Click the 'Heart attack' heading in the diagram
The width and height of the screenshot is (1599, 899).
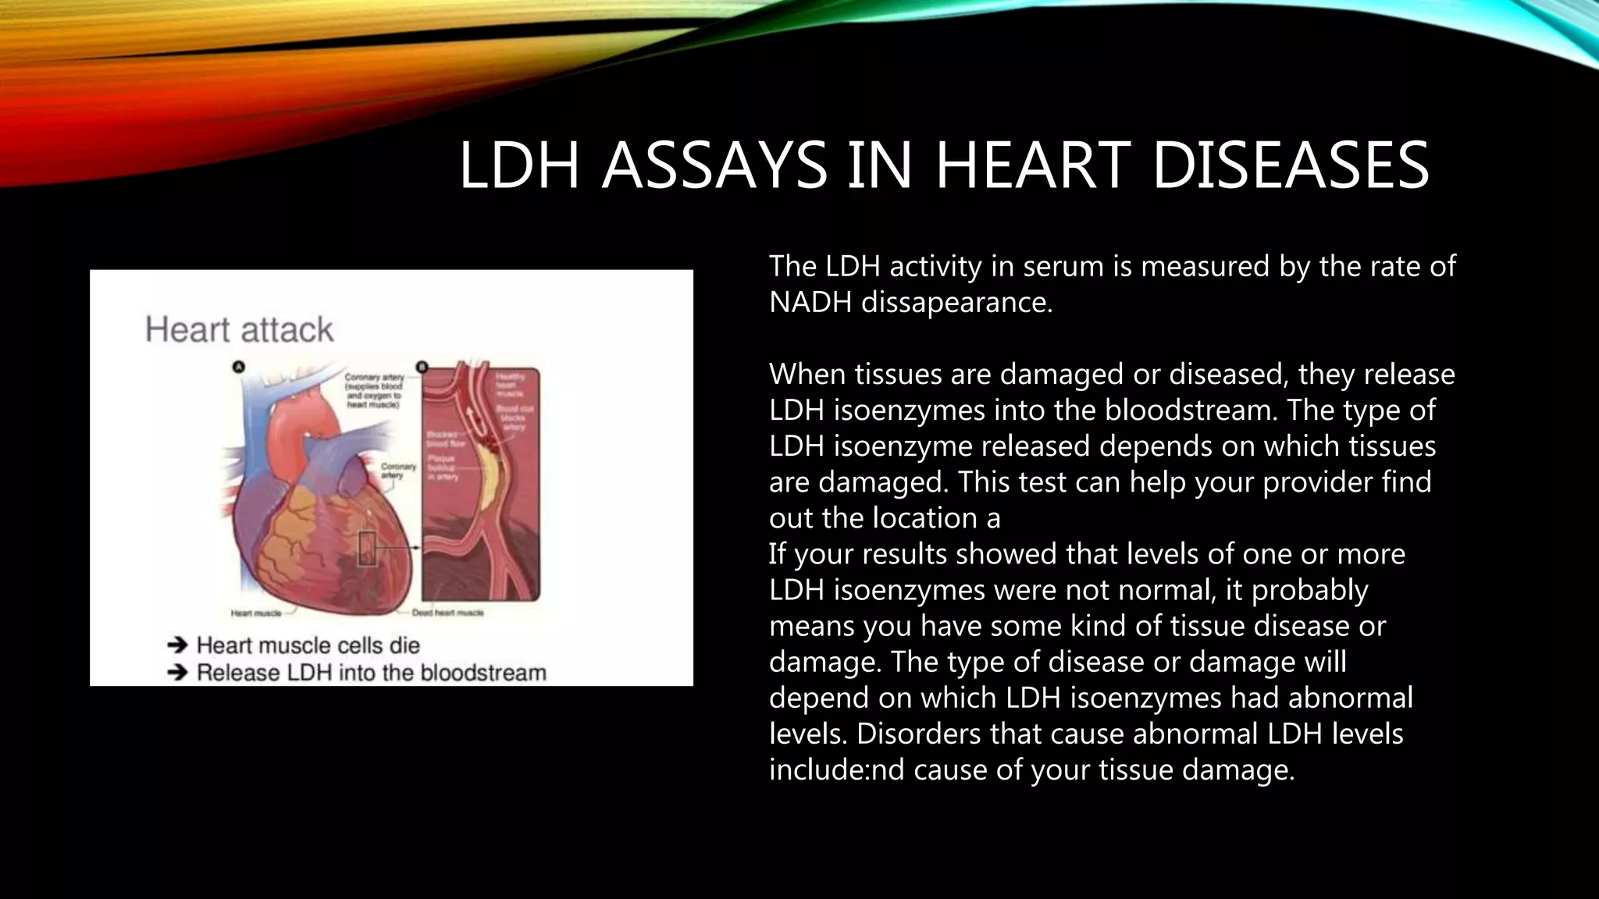tap(239, 329)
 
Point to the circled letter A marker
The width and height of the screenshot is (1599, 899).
tap(240, 367)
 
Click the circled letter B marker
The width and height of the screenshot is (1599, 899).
tap(422, 367)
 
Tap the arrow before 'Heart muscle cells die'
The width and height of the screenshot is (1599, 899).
tap(178, 645)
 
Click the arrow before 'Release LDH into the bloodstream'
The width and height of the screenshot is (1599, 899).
tap(178, 672)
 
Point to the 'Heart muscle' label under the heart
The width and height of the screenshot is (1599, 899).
tap(255, 613)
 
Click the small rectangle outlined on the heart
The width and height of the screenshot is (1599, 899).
tap(367, 548)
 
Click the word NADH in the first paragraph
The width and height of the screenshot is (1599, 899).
tap(810, 302)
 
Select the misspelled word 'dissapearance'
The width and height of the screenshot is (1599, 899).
tap(956, 302)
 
